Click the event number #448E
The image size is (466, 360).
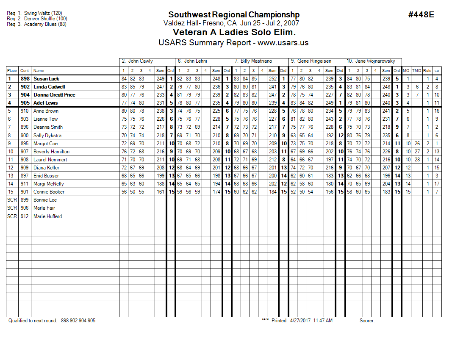click(421, 15)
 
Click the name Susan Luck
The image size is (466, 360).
click(47, 79)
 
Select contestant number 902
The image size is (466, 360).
click(25, 87)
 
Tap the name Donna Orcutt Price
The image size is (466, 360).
click(54, 95)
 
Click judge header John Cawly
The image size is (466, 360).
click(137, 61)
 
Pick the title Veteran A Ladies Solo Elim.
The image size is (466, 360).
click(234, 33)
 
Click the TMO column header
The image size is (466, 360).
click(417, 71)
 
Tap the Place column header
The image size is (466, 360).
click(12, 71)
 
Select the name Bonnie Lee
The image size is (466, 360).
click(45, 200)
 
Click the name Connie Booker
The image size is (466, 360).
click(49, 192)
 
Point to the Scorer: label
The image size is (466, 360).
click(367, 321)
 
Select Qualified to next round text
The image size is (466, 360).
click(33, 321)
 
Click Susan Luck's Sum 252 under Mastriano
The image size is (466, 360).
click(272, 79)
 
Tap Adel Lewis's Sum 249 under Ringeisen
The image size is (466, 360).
click(329, 103)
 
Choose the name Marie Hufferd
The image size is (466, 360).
click(47, 216)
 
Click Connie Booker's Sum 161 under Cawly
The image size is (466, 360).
click(160, 192)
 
